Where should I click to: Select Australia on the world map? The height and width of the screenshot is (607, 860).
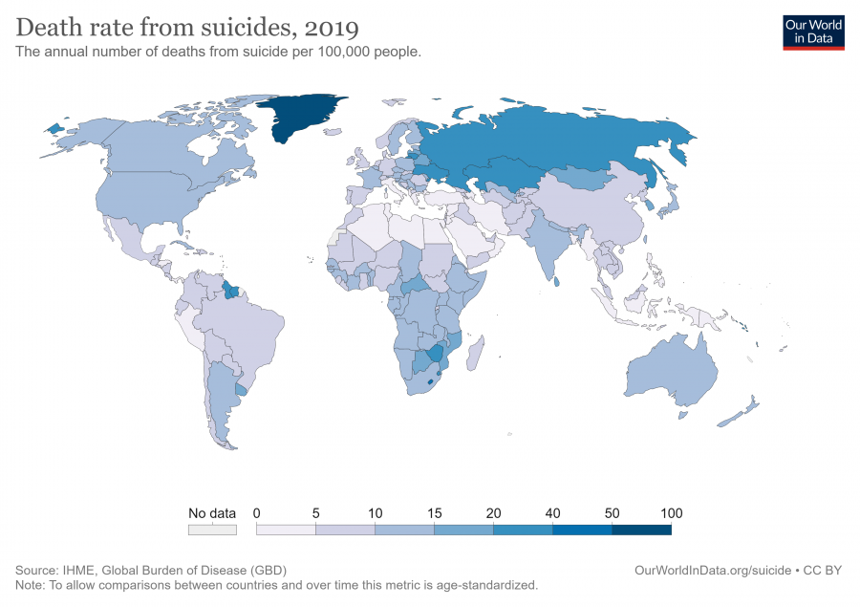coord(671,369)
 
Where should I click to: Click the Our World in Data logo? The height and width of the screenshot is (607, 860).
coord(813,32)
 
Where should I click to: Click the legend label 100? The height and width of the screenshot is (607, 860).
coord(672,513)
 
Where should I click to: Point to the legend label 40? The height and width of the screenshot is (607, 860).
coord(553,513)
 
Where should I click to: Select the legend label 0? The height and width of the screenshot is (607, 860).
coord(257,513)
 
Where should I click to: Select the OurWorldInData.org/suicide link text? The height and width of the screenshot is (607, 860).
coord(712,570)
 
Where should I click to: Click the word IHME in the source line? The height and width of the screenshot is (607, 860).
coord(77,570)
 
